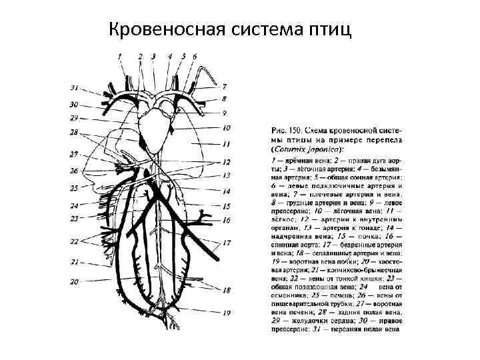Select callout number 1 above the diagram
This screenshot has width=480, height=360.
121,57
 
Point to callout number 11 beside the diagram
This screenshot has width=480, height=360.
227,143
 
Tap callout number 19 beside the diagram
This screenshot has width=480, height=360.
227,313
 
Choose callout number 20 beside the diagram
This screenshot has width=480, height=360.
74,281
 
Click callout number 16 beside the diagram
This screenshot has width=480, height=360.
227,220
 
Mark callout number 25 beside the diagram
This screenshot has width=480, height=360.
74,188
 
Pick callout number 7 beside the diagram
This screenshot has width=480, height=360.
225,87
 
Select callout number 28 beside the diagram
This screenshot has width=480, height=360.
74,133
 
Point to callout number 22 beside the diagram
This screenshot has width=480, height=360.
74,240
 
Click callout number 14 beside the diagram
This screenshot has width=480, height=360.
227,191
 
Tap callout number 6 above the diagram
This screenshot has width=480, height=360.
195,57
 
